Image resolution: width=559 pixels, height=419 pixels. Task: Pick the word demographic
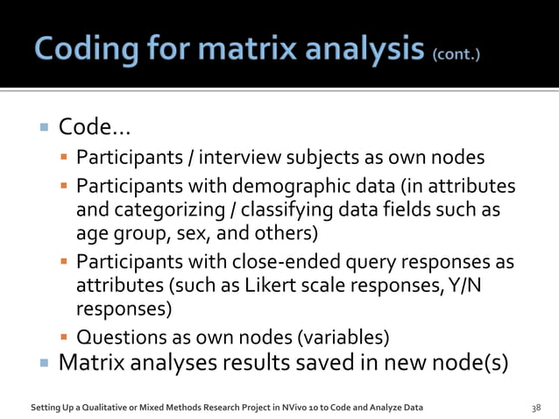tap(284, 188)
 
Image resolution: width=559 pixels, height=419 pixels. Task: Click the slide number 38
tap(537, 407)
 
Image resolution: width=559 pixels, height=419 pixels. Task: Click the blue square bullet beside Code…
tap(43, 130)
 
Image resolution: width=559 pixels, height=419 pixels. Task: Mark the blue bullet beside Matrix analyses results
tap(43, 363)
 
